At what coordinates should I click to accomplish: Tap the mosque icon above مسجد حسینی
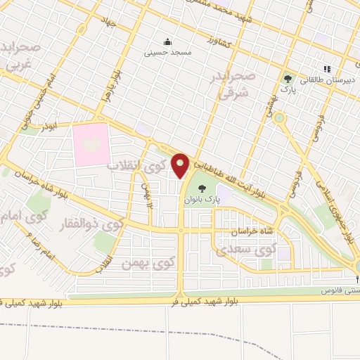tap(167, 41)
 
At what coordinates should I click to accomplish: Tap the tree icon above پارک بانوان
tap(202, 188)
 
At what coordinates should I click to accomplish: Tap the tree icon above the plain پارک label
tap(286, 78)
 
